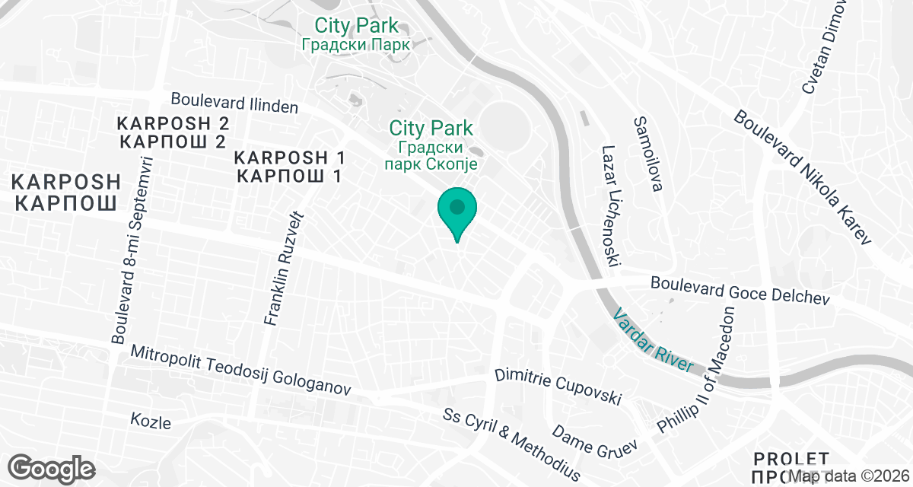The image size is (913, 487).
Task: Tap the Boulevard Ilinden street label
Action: click(234, 103)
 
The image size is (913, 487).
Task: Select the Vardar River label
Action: click(654, 339)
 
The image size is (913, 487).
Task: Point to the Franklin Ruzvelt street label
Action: click(282, 264)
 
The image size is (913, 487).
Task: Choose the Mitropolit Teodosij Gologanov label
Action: click(240, 371)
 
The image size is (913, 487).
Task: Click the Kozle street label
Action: click(151, 422)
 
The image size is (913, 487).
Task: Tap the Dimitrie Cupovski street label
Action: click(558, 387)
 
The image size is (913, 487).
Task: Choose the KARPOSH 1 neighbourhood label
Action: click(290, 167)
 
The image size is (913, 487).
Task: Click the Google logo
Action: click(51, 467)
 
